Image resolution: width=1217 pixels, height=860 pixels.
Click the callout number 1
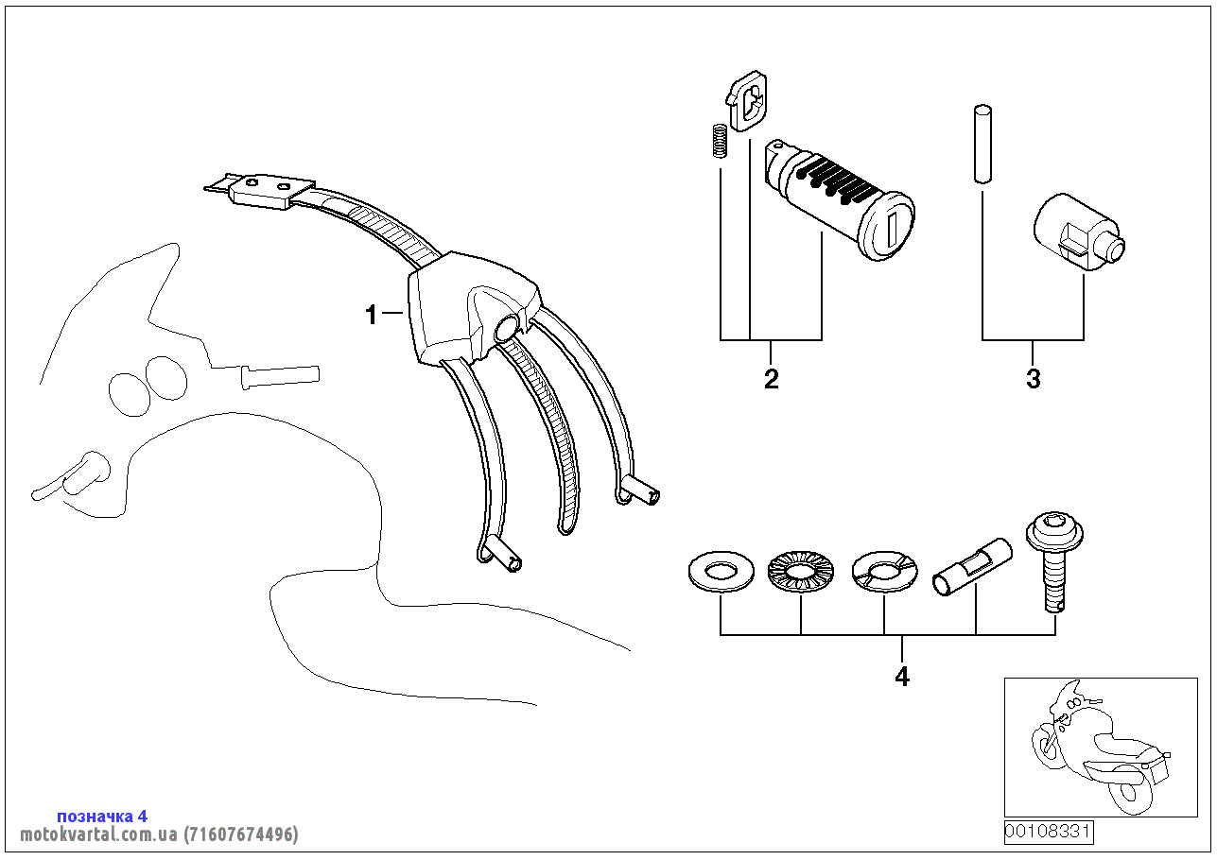coord(372,315)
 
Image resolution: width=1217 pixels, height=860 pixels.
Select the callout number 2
coord(772,379)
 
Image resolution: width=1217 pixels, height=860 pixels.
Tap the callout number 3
coord(1033,379)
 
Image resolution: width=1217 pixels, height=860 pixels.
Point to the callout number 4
coord(902,677)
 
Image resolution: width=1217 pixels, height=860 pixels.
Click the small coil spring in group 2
coord(719,143)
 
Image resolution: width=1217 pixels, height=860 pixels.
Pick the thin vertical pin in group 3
coord(982,143)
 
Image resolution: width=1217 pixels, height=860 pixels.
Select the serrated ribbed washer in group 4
coord(801,572)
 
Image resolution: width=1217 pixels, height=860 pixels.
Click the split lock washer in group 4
coord(884,571)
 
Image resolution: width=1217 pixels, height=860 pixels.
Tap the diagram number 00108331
coord(1049,832)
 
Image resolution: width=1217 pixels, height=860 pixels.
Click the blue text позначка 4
coord(102,816)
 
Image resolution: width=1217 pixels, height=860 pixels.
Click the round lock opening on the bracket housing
coord(507,329)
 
